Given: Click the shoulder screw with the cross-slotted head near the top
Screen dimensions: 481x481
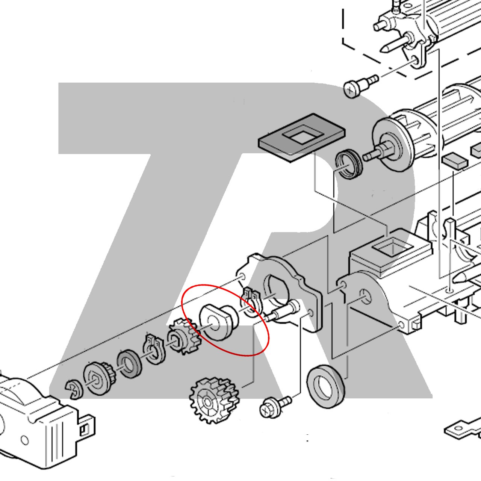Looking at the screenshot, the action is [360, 85].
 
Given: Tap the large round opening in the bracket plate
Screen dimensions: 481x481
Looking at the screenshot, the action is [276, 290].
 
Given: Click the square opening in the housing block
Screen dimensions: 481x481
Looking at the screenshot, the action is [392, 247].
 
